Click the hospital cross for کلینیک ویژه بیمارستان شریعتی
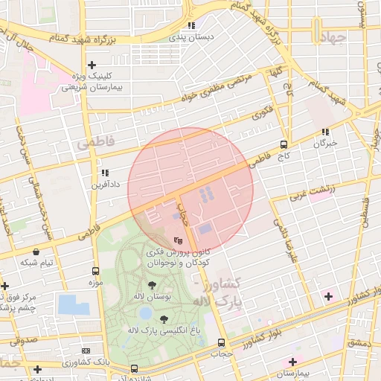92,65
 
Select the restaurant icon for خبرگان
325,132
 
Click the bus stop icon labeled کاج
283,144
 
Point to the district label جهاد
331,38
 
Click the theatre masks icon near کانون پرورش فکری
177,241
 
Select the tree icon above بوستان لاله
152,285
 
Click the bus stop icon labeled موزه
95,271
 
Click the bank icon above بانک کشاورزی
86,350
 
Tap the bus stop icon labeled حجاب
221,343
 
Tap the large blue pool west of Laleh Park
72,304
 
